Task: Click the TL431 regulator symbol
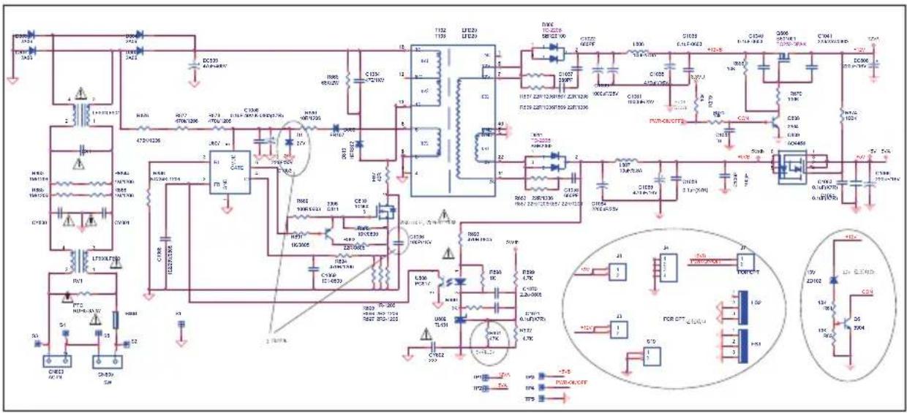click(461, 320)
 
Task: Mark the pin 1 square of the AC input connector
click(48, 361)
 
